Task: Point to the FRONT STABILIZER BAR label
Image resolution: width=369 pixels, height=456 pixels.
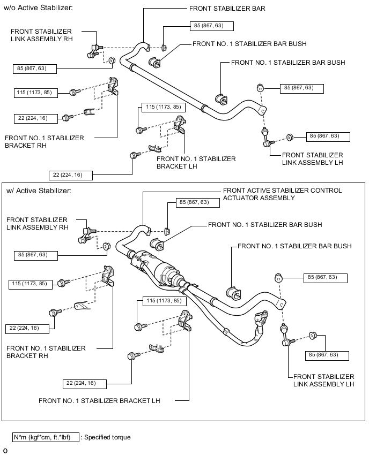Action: tap(227, 9)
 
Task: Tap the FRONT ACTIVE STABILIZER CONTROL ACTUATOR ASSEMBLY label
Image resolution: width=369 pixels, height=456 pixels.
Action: tap(282, 194)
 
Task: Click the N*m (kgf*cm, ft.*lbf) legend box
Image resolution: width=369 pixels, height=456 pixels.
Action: tap(45, 437)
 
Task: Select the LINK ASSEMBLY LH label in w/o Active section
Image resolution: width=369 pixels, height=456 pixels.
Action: tap(312, 158)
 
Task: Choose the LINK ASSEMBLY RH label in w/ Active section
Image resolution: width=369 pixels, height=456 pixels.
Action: tap(38, 223)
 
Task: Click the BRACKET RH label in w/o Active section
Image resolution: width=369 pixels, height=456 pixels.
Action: tap(45, 141)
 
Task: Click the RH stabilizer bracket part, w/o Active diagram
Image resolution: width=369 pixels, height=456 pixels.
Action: tap(114, 86)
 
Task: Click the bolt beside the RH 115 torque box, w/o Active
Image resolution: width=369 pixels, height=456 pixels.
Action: tap(74, 93)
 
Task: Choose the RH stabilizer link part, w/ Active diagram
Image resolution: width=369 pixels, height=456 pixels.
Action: tap(86, 233)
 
